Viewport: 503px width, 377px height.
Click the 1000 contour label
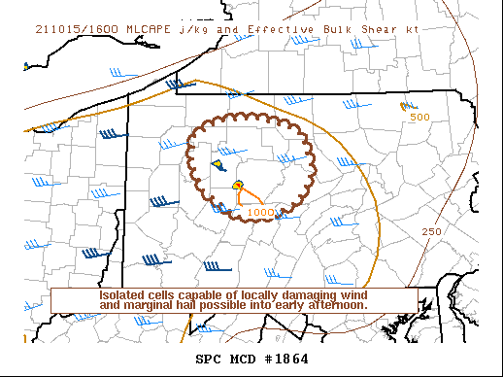point(260,212)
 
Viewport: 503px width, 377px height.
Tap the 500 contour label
point(419,118)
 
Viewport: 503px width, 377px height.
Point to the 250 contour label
point(432,231)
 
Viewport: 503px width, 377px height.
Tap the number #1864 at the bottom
point(286,359)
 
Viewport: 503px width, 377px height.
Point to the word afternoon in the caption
point(336,305)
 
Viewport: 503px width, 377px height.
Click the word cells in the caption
point(170,294)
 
